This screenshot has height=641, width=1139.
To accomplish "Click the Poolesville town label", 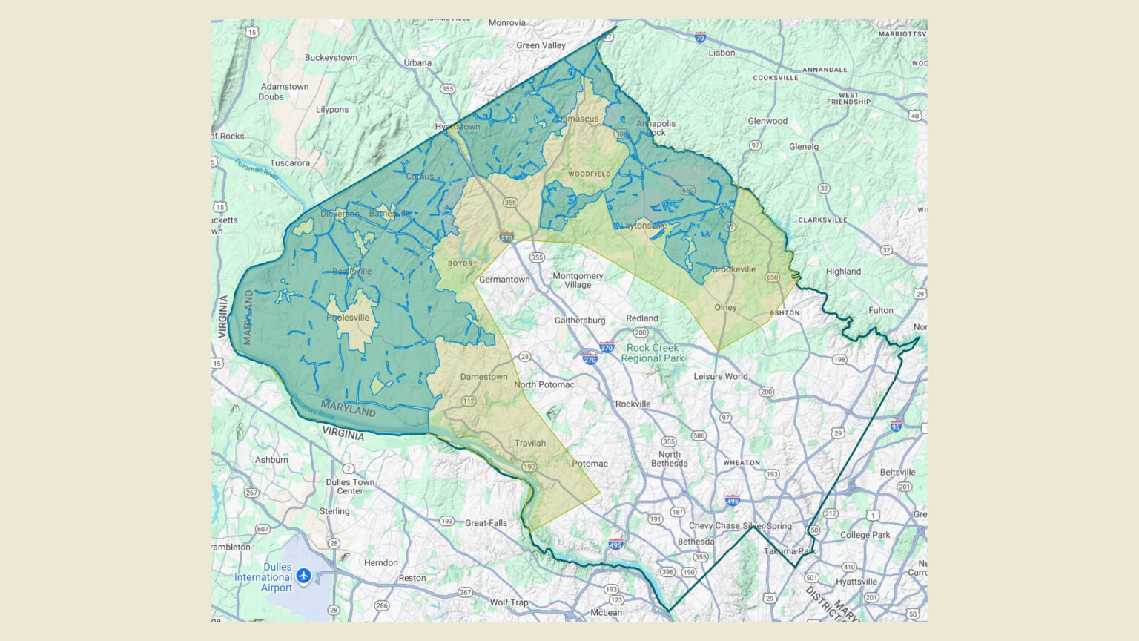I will tap(348, 318).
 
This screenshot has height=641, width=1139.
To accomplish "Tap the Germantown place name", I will tap(504, 280).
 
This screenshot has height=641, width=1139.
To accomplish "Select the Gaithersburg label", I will tap(580, 320).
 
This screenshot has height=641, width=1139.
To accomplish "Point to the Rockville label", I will tap(633, 404).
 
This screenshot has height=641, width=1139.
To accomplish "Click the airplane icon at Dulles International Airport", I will tap(303, 576).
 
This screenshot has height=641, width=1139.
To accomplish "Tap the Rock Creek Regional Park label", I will tap(653, 353).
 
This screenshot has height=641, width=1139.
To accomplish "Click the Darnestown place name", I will tap(483, 377).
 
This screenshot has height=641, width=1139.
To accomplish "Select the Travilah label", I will tap(530, 444).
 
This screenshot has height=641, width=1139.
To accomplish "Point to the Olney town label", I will tap(725, 307).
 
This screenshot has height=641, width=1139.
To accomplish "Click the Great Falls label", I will tap(486, 523).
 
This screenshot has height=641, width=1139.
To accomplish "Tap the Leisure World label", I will tap(720, 376).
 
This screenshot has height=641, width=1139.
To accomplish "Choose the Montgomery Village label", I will tap(578, 280).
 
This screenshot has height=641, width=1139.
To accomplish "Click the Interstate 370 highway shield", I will tap(607, 347).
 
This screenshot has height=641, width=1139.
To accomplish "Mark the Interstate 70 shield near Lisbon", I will tap(700, 37).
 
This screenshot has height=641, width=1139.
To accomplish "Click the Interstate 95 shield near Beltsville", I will tap(896, 426).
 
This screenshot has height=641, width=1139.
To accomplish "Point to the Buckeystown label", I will tap(331, 58).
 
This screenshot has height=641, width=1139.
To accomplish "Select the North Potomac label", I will tap(544, 384).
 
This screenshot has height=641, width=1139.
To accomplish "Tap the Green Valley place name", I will tap(541, 45).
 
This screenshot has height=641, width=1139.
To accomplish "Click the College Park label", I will tap(865, 535).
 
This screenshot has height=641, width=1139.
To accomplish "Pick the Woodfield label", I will tap(590, 174).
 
